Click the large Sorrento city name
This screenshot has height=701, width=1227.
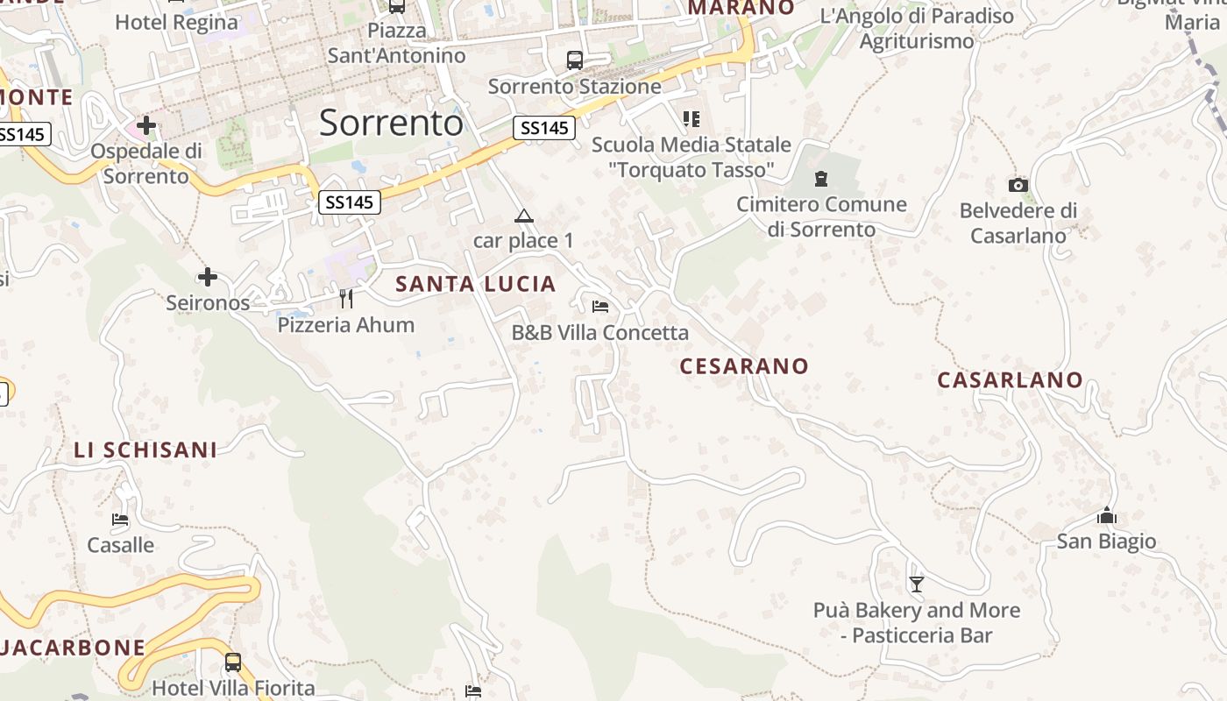(x=391, y=123)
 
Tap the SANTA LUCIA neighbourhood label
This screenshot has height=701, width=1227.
(x=476, y=284)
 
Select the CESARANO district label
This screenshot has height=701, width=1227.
(x=744, y=365)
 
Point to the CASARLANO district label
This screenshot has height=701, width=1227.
(x=1010, y=380)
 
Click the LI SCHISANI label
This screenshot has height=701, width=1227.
(x=145, y=450)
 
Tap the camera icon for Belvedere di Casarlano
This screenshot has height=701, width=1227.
(x=1018, y=185)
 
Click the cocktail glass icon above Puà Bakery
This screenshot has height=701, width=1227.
(x=917, y=584)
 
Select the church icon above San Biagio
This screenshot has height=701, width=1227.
(x=1106, y=515)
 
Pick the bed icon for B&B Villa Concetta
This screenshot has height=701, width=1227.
(x=600, y=307)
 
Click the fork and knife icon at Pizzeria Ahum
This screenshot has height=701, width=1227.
(x=346, y=299)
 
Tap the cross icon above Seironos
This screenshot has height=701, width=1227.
(x=208, y=278)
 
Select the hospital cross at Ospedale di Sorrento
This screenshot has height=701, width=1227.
(x=146, y=125)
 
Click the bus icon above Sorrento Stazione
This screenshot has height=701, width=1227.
(x=575, y=60)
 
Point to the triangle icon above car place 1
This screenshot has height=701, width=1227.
(x=523, y=216)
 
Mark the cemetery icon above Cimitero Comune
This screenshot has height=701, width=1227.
(x=821, y=179)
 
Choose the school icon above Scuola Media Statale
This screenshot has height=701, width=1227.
(x=692, y=118)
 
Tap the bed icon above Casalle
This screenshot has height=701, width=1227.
(x=120, y=520)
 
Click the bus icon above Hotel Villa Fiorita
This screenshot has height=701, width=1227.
(x=233, y=662)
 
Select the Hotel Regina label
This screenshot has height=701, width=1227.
(x=177, y=22)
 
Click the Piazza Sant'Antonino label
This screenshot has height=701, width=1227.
(x=397, y=43)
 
